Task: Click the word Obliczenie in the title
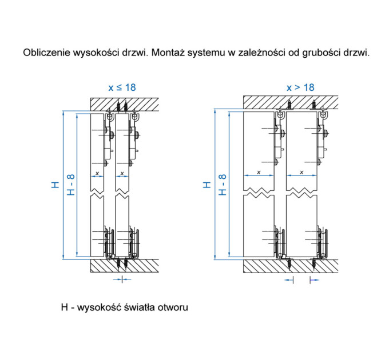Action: point(47,53)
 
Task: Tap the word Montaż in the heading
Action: point(168,53)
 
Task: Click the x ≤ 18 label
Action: point(122,87)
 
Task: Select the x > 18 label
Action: point(300,87)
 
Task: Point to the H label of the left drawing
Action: point(55,185)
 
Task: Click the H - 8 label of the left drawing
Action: point(71,185)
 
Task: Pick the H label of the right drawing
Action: point(207,185)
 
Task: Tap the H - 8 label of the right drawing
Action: point(223,185)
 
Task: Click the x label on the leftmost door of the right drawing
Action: point(259,172)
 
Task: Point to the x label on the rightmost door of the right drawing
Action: point(301,172)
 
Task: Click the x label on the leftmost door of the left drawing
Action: point(97,174)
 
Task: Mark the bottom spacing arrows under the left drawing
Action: point(122,279)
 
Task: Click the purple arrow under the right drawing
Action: point(314,280)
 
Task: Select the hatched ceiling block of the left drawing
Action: point(124,105)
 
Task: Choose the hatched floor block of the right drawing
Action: point(291,266)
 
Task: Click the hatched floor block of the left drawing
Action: point(124,266)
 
